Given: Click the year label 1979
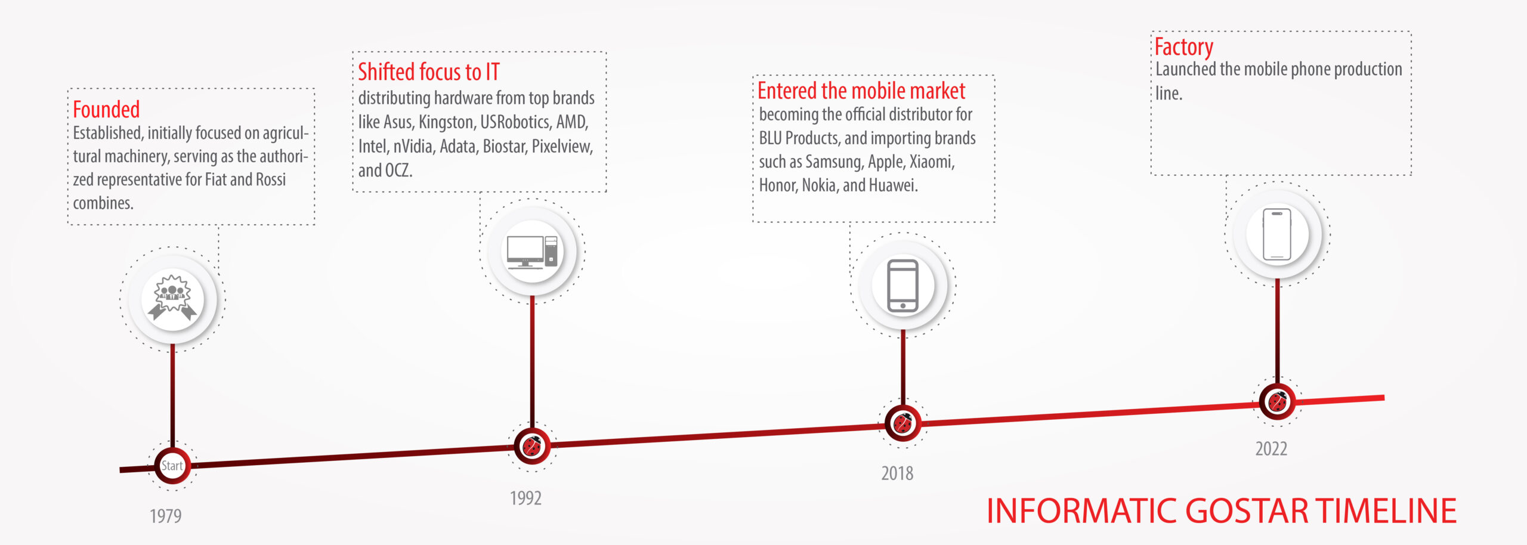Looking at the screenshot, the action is click(165, 516).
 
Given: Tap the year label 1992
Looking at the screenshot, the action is click(526, 498).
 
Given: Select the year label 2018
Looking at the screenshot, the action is click(897, 473).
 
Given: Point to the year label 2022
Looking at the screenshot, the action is click(1271, 448).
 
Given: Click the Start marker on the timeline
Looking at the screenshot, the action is click(172, 466).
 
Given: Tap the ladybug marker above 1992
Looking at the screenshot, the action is click(531, 446).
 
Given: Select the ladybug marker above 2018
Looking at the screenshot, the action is click(903, 423).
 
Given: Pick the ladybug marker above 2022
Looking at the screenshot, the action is click(1277, 401).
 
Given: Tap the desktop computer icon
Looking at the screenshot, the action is click(532, 252).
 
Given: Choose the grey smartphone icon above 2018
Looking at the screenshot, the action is click(903, 286).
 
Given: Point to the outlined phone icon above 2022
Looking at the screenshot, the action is click(1277, 234).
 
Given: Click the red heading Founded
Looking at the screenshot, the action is click(106, 110).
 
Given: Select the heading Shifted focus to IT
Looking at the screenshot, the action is click(428, 72).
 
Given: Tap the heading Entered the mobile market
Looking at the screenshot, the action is click(861, 91).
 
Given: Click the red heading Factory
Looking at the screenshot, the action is click(1183, 47).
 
